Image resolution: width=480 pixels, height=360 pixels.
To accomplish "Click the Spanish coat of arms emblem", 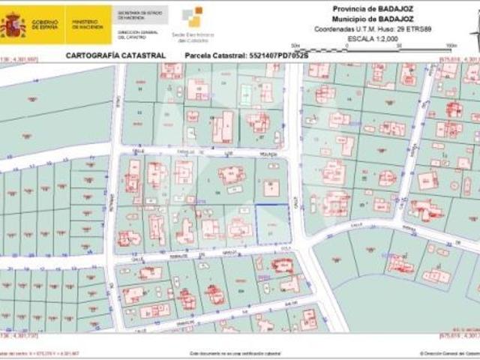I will [x=12, y=25].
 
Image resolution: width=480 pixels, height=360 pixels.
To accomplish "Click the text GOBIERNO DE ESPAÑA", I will [x=43, y=25].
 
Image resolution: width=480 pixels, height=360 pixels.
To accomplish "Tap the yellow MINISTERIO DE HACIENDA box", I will [x=88, y=25].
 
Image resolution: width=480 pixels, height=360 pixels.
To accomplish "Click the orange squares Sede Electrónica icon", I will [x=193, y=16].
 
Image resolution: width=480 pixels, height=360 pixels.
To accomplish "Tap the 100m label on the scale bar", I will [x=451, y=46].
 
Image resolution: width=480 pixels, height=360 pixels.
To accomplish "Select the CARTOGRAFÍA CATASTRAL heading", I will [x=115, y=55].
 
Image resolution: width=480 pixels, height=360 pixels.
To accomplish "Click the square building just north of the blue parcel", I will [x=271, y=188].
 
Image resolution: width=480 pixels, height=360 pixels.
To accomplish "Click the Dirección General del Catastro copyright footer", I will [x=450, y=352].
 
